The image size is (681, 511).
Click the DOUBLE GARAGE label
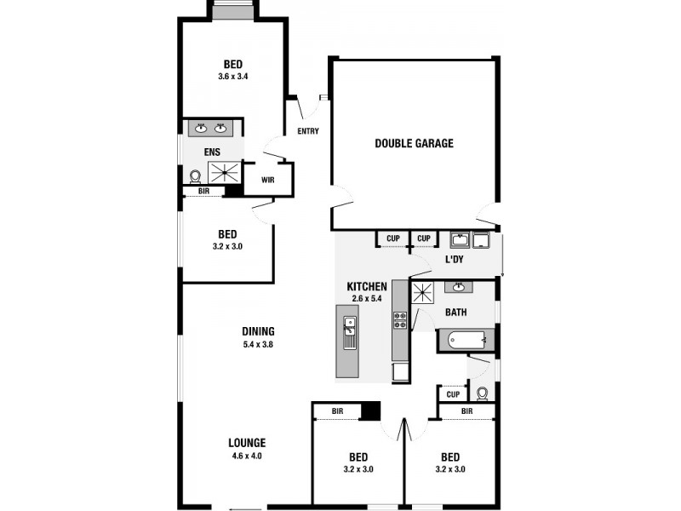[414, 143]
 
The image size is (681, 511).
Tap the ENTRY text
[307, 131]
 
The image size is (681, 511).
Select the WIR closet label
[267, 180]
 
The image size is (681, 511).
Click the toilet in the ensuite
[195, 176]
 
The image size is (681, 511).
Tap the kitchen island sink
[349, 328]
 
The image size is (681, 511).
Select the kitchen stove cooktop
[399, 321]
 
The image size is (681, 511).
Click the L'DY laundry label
[454, 258]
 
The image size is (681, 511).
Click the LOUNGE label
[247, 443]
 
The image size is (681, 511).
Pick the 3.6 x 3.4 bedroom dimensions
[232, 77]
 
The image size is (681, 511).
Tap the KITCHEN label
[367, 287]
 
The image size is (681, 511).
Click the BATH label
[455, 313]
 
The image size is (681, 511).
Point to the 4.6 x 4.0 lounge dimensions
[247, 456]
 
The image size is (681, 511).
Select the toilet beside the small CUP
[483, 393]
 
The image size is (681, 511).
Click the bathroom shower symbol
[423, 294]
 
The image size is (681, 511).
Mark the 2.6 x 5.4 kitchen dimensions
[368, 299]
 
